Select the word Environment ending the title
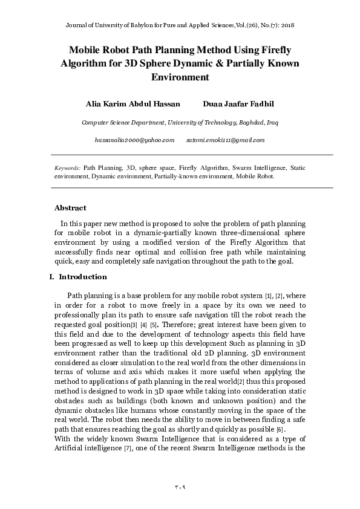(x=180, y=77)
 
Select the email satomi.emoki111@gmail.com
(x=226, y=140)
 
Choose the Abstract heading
(x=70, y=208)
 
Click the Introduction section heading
(x=83, y=277)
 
